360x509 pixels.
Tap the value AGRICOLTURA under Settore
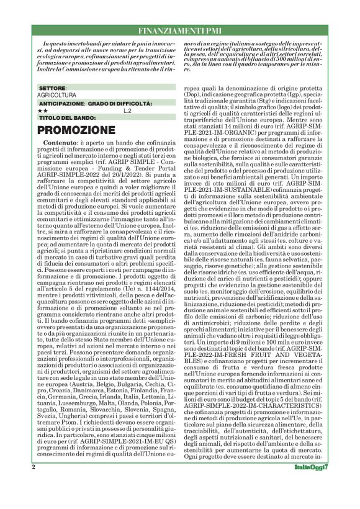(x=57, y=96)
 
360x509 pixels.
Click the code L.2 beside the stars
(x=127, y=110)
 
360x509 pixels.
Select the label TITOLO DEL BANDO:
(x=68, y=117)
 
